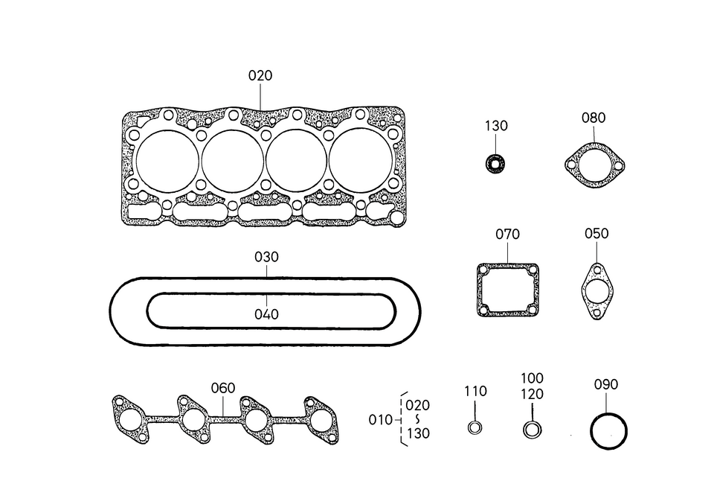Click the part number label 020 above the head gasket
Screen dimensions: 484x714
pos(260,75)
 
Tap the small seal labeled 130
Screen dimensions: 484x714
pos(495,162)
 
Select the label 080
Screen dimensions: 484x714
pos(594,118)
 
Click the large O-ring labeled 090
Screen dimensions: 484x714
pos(608,431)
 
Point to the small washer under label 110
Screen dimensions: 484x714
pos(475,427)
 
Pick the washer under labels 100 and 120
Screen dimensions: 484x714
pos(532,430)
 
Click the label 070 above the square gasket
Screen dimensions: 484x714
pos(507,235)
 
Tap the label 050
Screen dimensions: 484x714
pos(596,233)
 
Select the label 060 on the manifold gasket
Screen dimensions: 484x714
pos(222,388)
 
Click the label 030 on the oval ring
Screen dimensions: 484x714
pos(266,257)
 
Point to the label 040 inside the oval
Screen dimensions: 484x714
pos(266,314)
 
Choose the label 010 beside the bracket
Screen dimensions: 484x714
pos(380,420)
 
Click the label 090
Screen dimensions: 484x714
pos(606,385)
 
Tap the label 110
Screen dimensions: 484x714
pos(475,391)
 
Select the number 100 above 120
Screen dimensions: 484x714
pos(532,378)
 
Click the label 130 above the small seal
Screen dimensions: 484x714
pos(496,126)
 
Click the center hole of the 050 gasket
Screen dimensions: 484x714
pos(596,290)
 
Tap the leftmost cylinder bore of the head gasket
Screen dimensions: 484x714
pos(168,162)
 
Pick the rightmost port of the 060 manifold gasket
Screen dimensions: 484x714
pos(321,420)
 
